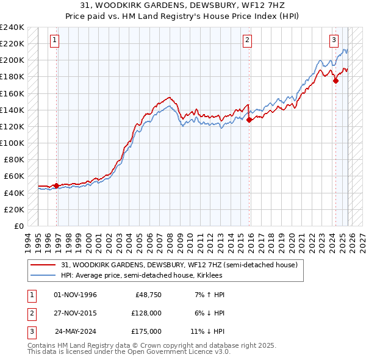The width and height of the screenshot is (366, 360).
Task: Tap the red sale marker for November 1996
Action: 57,185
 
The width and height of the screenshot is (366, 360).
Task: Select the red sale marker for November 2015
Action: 249,120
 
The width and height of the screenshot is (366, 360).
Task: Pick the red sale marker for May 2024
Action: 335,81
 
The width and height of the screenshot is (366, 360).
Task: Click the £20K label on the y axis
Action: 14,209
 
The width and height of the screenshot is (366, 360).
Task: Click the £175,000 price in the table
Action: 146,331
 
